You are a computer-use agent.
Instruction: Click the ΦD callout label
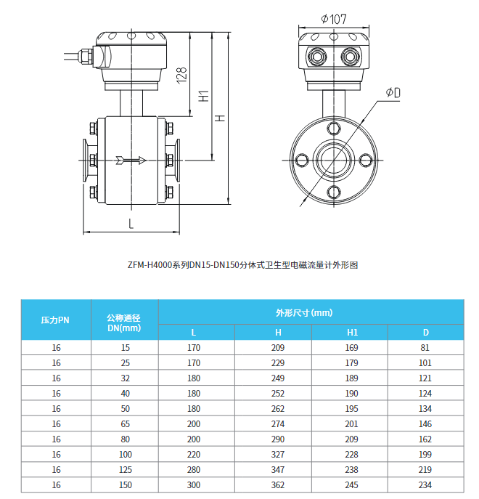point(393,92)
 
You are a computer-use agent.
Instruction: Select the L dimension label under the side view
point(131,224)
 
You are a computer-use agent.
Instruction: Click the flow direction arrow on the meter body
point(131,160)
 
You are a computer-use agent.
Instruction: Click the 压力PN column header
point(55,320)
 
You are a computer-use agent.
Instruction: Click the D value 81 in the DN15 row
point(425,347)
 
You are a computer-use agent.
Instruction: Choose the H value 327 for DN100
point(277,455)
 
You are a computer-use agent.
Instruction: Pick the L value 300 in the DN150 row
point(193,485)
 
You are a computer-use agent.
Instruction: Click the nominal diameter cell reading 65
point(125,424)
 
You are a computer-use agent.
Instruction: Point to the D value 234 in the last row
point(425,485)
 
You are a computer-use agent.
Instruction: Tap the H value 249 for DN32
point(277,378)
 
